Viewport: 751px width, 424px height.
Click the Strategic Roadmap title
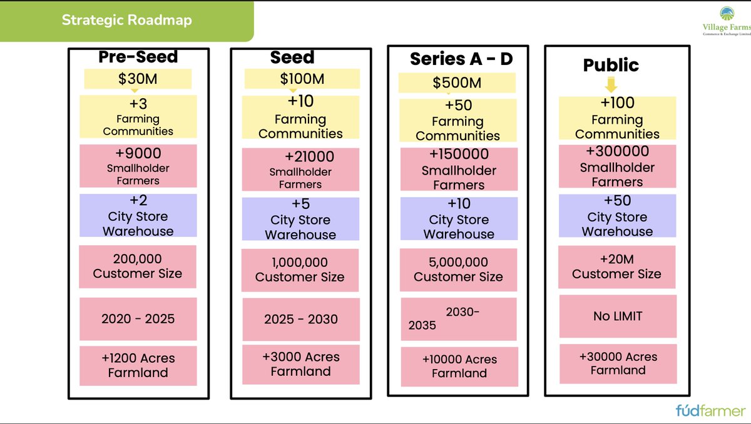click(126, 20)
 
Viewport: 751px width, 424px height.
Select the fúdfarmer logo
click(710, 411)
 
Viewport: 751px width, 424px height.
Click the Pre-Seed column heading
click(138, 57)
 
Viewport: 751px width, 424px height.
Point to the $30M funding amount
click(138, 79)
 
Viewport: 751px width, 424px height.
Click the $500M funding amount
click(457, 83)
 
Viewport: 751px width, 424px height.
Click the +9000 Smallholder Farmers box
click(138, 166)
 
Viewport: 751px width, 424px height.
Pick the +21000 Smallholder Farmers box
click(300, 169)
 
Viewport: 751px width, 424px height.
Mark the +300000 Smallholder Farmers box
click(617, 166)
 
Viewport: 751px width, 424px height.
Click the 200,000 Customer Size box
click(138, 266)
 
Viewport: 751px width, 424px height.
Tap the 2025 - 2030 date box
click(300, 319)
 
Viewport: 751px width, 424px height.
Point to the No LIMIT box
click(617, 316)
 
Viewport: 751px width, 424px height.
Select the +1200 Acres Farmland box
click(138, 365)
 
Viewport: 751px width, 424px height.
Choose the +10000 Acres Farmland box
click(459, 366)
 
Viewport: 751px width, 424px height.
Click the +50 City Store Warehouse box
click(617, 216)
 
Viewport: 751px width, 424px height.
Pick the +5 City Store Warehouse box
click(300, 219)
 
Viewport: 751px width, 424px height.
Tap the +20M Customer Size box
click(617, 267)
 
